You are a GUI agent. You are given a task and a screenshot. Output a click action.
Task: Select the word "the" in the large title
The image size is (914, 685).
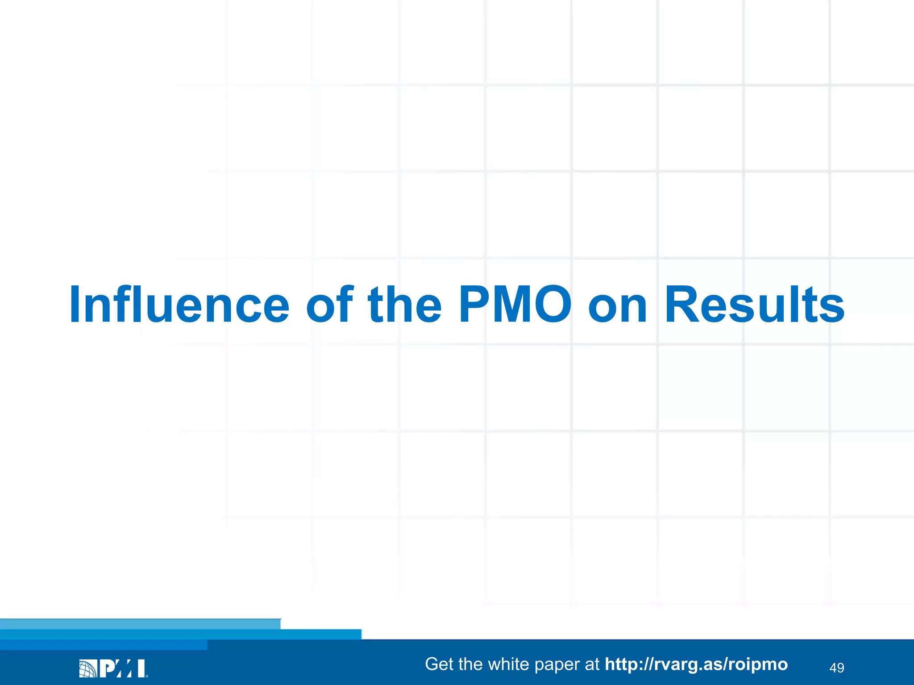click(x=405, y=305)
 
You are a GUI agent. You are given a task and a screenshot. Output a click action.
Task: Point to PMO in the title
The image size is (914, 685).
click(x=515, y=305)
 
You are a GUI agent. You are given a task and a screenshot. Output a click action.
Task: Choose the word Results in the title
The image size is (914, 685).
click(x=754, y=305)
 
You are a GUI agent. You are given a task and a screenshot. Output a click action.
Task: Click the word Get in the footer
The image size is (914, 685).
click(x=440, y=664)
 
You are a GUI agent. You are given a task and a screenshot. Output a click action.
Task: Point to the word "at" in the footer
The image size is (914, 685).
click(x=592, y=664)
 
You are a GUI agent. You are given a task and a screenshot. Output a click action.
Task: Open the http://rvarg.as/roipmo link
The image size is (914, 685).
click(x=696, y=664)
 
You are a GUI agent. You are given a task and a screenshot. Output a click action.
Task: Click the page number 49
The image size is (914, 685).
click(x=836, y=668)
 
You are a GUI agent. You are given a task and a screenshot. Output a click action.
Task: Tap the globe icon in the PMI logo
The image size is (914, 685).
click(x=87, y=668)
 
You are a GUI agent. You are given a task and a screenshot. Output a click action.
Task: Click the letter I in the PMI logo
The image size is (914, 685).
click(x=141, y=668)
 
